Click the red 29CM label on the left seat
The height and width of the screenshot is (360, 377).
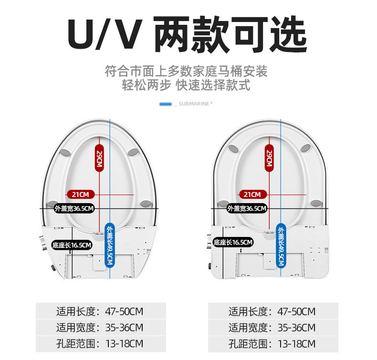[99, 158]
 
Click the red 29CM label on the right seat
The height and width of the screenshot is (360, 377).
[269, 158]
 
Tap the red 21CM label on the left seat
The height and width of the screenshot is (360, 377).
[81, 194]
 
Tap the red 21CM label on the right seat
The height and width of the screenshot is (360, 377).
[252, 194]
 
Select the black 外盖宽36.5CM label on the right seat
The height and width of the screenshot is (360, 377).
[247, 208]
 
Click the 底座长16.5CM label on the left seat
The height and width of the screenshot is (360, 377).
[72, 245]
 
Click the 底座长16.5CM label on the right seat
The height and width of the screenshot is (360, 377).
[233, 242]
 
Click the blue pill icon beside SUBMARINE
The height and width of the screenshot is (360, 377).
[166, 104]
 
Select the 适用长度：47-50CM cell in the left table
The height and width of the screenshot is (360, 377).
[101, 311]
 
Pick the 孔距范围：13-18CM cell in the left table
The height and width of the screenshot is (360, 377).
[101, 343]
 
